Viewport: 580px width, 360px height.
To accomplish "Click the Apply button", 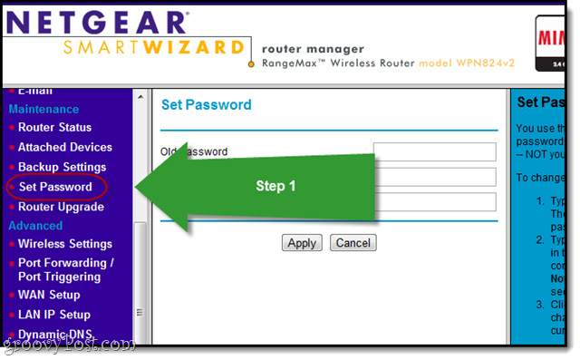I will [x=301, y=243].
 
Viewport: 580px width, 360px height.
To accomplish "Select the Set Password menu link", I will [x=55, y=187].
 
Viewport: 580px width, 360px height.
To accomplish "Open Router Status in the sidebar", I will [x=54, y=127].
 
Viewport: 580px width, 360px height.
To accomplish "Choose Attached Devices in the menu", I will [x=65, y=147].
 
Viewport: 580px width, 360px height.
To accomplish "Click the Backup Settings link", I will [x=62, y=167].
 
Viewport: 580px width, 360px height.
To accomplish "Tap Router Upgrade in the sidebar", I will [x=61, y=207].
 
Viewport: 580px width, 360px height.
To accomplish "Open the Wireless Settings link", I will [x=65, y=244].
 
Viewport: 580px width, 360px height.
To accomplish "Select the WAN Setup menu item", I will [x=49, y=295].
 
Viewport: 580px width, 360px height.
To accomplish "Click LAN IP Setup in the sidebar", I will [x=54, y=315].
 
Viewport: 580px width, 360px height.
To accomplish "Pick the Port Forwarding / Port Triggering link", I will [x=66, y=270].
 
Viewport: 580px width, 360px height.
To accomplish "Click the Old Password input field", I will [x=434, y=151].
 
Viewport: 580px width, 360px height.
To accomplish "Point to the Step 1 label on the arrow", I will [x=275, y=185].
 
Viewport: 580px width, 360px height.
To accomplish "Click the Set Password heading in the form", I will [x=206, y=105].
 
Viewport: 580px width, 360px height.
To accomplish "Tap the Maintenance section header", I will [x=43, y=109].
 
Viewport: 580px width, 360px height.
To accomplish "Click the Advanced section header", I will [x=35, y=225].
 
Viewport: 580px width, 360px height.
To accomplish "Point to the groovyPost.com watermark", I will [x=68, y=345].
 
